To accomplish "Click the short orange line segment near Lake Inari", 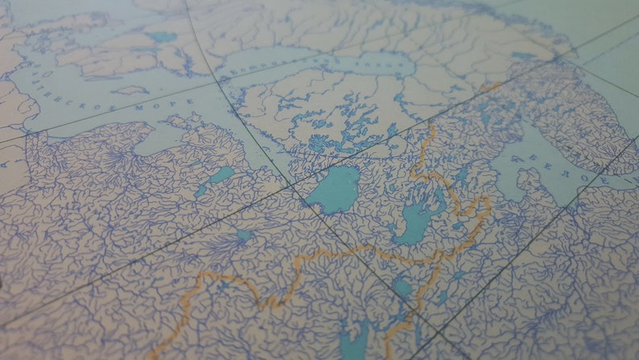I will [491, 85].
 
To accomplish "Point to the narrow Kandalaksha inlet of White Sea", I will [515, 121].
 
